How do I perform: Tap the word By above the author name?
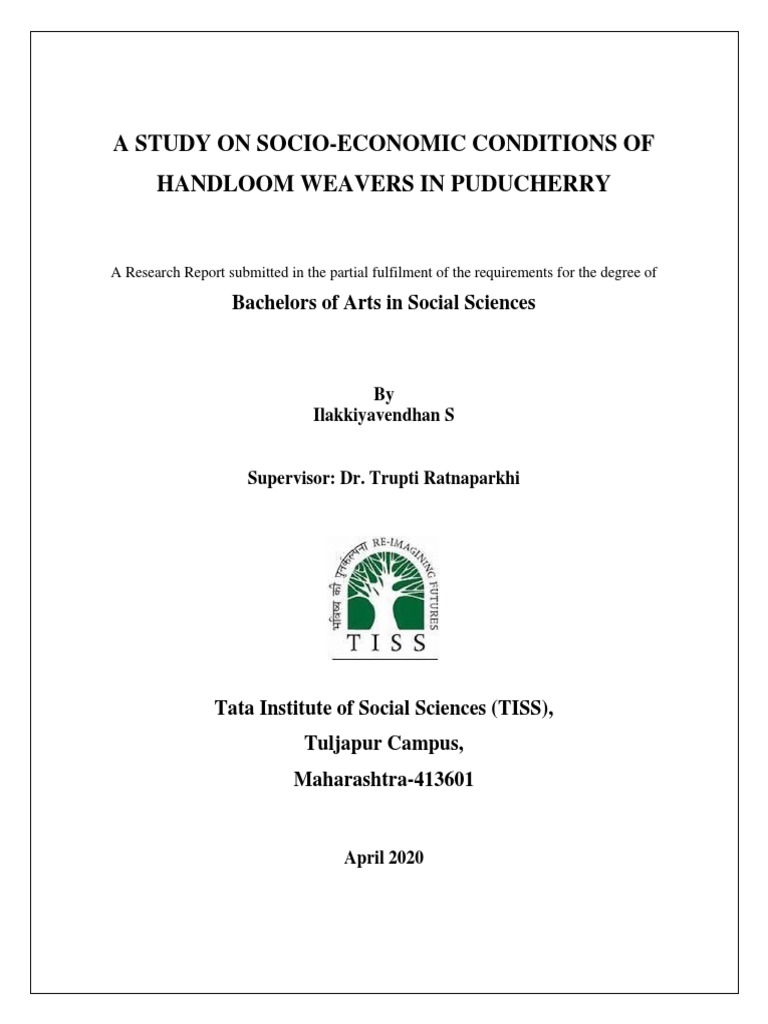point(384,394)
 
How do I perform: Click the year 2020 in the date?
point(405,857)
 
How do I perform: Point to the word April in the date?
point(363,857)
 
